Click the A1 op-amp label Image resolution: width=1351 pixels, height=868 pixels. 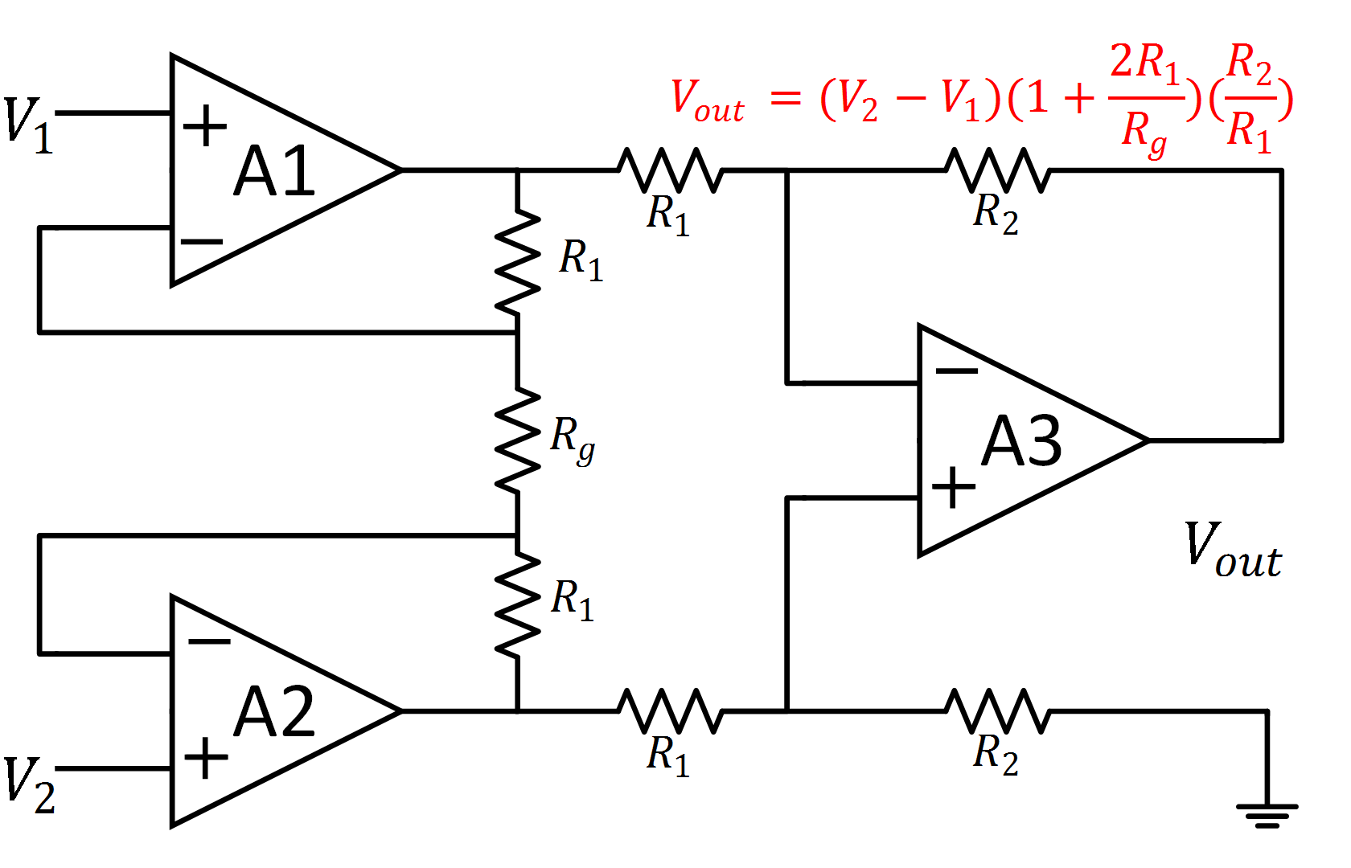274,171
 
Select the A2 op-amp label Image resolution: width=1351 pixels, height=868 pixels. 274,712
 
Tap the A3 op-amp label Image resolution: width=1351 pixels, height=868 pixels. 1021,441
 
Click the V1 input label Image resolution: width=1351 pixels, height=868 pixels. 28,125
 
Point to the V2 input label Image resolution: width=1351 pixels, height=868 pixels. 29,785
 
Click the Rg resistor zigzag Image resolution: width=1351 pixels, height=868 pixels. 517,440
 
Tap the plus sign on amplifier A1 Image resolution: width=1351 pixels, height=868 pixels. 205,125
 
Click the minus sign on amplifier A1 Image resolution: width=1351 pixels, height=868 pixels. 201,241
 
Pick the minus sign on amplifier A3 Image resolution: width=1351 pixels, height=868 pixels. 956,371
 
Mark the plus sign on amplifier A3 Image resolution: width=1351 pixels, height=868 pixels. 953,487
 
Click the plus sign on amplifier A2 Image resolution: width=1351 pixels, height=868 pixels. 206,758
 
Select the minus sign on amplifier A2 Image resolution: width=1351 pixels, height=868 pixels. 208,641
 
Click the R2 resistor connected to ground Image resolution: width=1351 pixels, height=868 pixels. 997,711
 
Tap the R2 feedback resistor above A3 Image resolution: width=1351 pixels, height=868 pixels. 997,170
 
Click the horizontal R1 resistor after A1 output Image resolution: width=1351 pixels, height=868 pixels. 670,170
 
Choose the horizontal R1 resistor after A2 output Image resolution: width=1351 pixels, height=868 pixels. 670,711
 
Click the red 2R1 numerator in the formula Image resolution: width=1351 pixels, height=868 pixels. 1144,62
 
